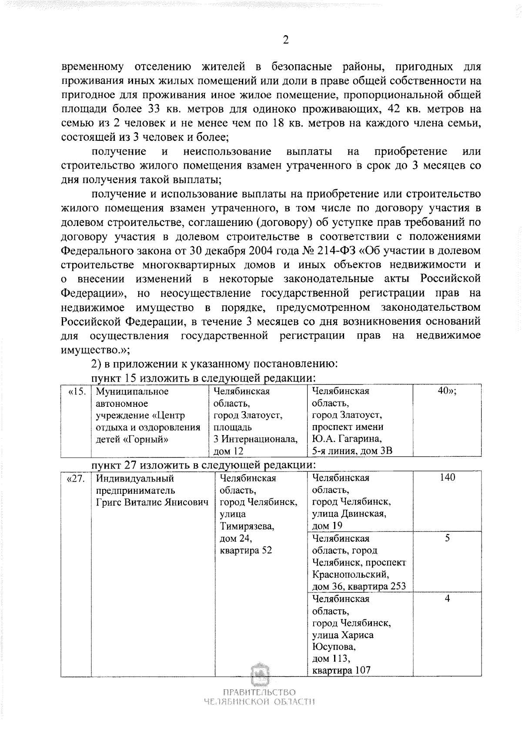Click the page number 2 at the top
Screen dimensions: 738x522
(285, 40)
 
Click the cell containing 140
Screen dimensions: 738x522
(447, 478)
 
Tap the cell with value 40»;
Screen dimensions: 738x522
(447, 391)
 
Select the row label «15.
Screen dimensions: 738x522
(76, 391)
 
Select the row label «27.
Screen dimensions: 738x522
(76, 479)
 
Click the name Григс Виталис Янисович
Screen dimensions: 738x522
(152, 502)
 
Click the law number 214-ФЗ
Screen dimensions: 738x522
(325, 251)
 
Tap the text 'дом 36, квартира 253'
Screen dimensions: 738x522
(359, 586)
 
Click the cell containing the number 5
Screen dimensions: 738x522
(447, 538)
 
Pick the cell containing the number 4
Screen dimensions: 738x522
(447, 598)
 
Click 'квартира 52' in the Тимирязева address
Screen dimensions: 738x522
(246, 550)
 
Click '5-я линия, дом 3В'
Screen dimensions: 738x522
(352, 451)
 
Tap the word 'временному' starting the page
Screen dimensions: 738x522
(92, 67)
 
